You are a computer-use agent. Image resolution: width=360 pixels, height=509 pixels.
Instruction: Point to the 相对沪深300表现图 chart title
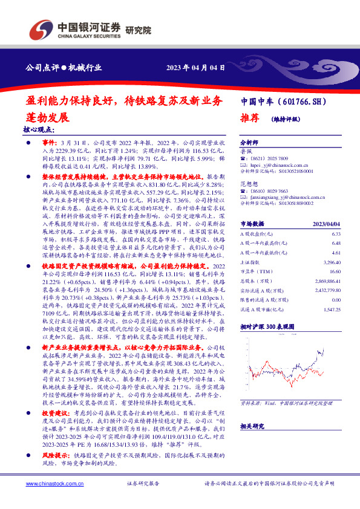tap(266, 342)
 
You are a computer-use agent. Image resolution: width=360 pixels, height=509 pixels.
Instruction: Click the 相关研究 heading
tap(249, 426)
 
